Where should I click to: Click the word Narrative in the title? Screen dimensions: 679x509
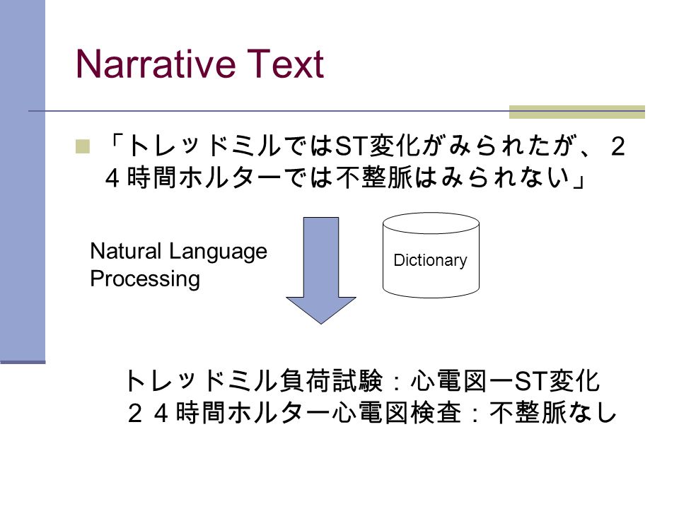click(156, 64)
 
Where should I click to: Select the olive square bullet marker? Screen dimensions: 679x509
click(82, 146)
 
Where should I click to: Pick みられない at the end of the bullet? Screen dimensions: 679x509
click(505, 177)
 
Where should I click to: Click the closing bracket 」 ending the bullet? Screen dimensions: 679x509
click(579, 178)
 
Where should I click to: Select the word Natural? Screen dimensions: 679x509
click(126, 251)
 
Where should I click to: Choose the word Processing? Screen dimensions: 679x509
click(145, 279)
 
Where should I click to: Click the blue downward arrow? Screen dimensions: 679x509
click(321, 270)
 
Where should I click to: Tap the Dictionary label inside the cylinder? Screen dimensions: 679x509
click(431, 260)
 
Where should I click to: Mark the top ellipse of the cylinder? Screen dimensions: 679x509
click(431, 213)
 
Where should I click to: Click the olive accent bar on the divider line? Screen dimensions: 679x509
click(577, 112)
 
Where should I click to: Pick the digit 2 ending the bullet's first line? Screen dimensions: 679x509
click(618, 146)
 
